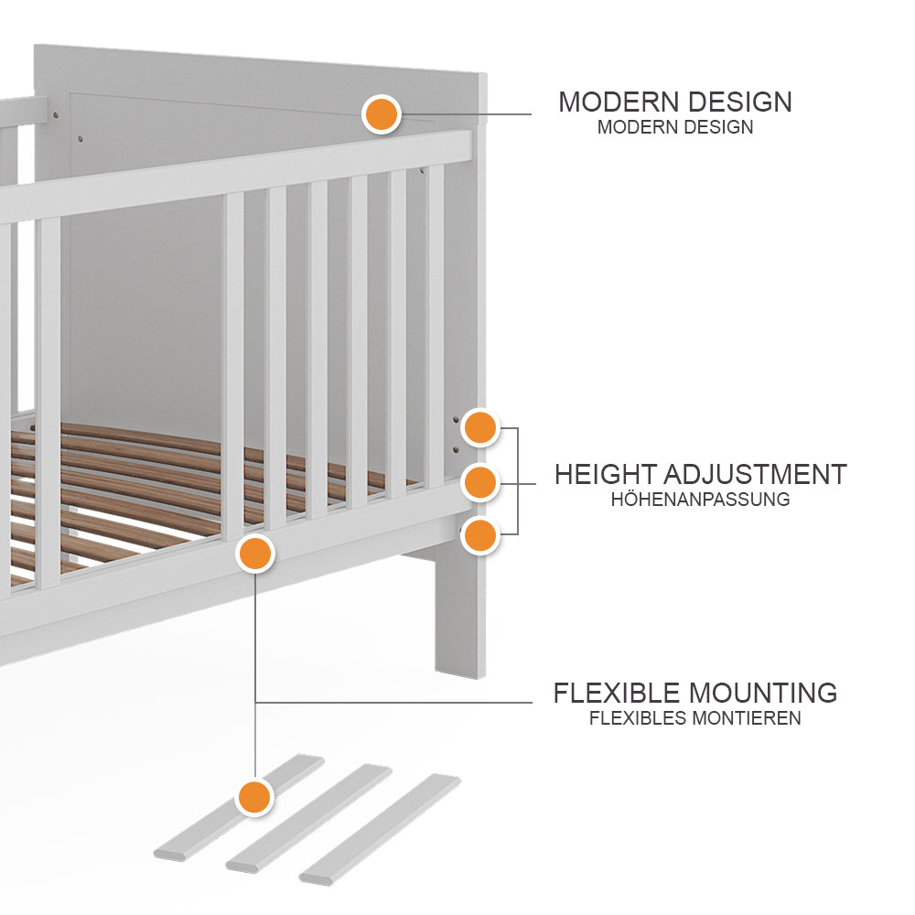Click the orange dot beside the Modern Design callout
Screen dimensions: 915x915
pos(381,114)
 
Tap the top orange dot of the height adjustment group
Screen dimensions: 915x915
pos(479,427)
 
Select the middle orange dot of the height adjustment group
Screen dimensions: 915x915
pos(479,481)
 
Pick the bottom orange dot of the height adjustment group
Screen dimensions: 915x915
pos(479,534)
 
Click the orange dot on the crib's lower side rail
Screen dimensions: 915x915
pos(255,554)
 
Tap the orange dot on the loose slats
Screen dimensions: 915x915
pos(254,796)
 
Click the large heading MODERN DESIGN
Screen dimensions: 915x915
pos(675,102)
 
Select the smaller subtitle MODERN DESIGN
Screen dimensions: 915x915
pos(675,127)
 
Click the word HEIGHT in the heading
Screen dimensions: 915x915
pos(605,475)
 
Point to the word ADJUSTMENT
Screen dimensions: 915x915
pos(755,475)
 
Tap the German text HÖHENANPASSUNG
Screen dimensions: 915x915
pos(700,500)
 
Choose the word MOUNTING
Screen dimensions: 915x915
pos(762,693)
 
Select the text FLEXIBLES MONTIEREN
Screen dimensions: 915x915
pos(695,718)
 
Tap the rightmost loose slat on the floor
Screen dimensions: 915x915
pos(380,828)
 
